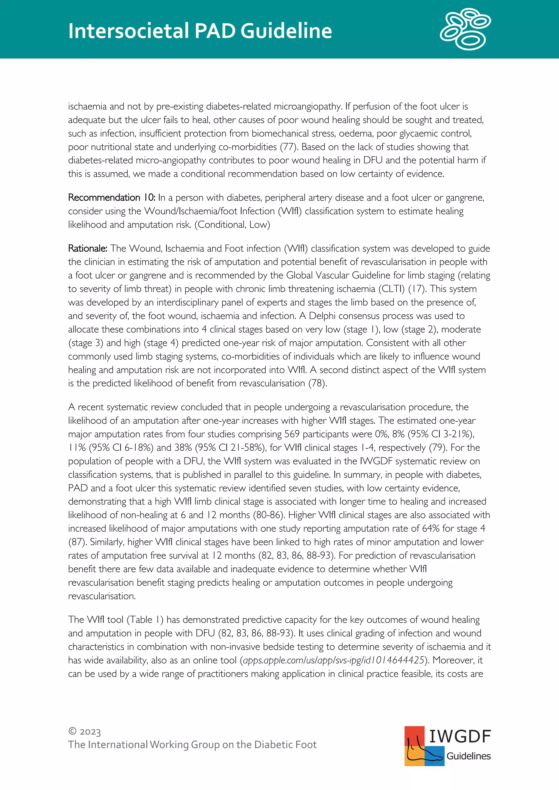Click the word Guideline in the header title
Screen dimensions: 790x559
click(286, 31)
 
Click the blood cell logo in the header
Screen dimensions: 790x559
click(465, 29)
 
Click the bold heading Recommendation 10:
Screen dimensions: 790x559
click(112, 197)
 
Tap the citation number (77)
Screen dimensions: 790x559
click(289, 147)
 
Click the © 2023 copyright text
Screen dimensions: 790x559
click(85, 732)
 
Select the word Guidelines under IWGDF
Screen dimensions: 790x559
click(468, 756)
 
